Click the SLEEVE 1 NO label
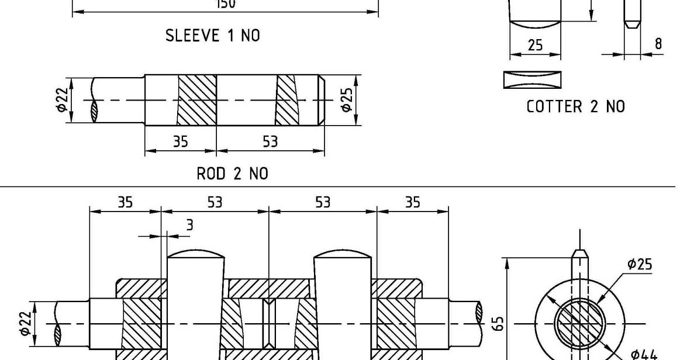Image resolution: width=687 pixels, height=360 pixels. (x=213, y=36)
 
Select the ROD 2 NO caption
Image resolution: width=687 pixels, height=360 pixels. (x=232, y=174)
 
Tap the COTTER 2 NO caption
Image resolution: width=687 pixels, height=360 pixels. (x=575, y=106)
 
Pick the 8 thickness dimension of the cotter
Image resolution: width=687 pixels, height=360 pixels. (x=658, y=44)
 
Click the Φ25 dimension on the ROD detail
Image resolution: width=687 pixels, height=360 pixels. (x=347, y=100)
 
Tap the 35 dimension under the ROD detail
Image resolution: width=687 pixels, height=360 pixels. (x=180, y=142)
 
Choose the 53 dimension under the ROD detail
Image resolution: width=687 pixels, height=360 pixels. (x=270, y=142)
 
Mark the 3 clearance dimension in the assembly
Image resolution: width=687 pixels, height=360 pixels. (x=188, y=226)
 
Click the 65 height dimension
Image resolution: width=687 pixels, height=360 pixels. (x=498, y=323)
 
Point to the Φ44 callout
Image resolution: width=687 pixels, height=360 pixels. (x=643, y=353)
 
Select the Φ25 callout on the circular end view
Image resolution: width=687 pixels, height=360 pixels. (x=640, y=264)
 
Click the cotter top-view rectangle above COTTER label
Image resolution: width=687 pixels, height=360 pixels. (x=531, y=79)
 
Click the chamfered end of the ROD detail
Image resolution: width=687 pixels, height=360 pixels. (x=321, y=100)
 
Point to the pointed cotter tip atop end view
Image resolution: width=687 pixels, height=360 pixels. (x=579, y=255)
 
